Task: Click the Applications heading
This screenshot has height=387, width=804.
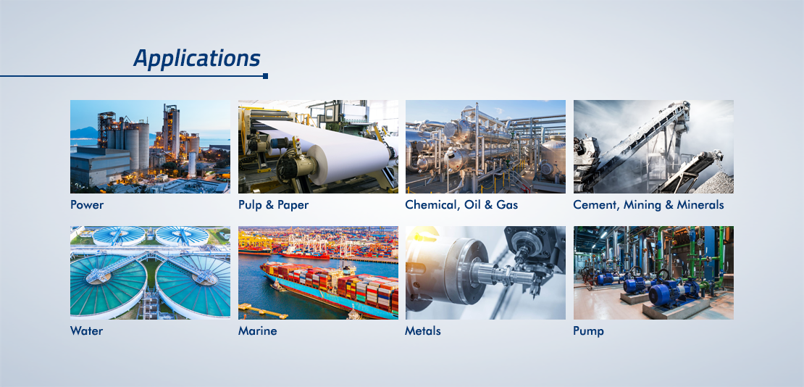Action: pyautogui.click(x=197, y=59)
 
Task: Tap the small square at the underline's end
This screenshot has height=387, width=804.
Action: pyautogui.click(x=265, y=76)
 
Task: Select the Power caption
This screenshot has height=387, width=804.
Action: pyautogui.click(x=87, y=205)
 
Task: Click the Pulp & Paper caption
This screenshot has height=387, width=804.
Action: pyautogui.click(x=273, y=205)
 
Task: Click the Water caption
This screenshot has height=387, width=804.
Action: pyautogui.click(x=87, y=331)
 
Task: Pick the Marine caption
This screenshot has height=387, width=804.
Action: pyautogui.click(x=257, y=331)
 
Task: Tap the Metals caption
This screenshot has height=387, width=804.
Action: pyautogui.click(x=423, y=331)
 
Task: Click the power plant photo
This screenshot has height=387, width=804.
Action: pyautogui.click(x=150, y=147)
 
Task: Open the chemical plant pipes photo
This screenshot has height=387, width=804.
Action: pyautogui.click(x=485, y=147)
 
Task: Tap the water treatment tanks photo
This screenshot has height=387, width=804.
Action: pyautogui.click(x=150, y=273)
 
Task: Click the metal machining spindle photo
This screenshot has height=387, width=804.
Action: pyautogui.click(x=485, y=273)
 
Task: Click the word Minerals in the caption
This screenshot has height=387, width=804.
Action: pyautogui.click(x=700, y=205)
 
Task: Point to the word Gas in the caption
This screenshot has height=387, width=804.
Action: pyautogui.click(x=507, y=205)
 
